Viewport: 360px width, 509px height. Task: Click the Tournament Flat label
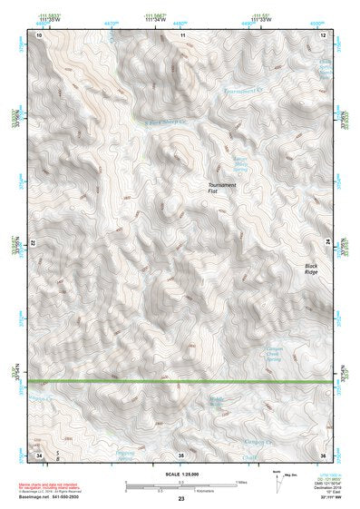pyautogui.click(x=222, y=188)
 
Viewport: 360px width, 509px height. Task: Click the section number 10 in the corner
pyautogui.click(x=39, y=34)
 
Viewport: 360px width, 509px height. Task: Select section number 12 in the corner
pyautogui.click(x=324, y=34)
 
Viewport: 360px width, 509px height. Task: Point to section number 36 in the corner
pyautogui.click(x=324, y=453)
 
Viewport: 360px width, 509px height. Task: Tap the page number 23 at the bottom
pyautogui.click(x=180, y=499)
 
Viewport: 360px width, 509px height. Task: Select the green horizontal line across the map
pyautogui.click(x=181, y=382)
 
